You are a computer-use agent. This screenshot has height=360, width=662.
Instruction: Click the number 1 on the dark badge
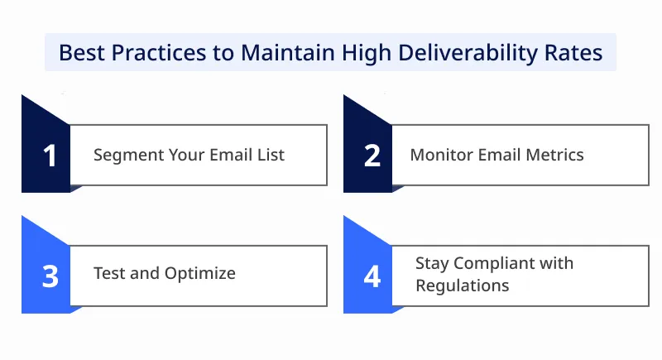(50, 156)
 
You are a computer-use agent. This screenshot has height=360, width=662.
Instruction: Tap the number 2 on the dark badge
(372, 156)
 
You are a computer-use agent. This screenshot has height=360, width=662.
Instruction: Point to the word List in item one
(271, 155)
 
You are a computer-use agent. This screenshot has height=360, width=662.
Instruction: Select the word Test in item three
(107, 273)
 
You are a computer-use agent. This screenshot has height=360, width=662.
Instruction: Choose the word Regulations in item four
(462, 286)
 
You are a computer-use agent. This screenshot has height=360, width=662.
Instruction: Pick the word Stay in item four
(432, 264)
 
